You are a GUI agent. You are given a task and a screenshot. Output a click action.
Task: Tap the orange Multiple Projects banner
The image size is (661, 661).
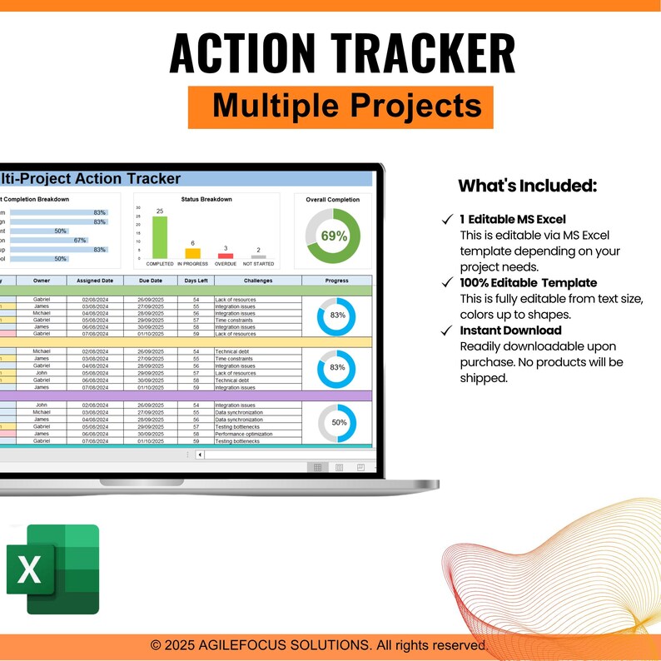[340, 107]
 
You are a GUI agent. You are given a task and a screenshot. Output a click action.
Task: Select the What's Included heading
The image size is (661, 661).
[527, 186]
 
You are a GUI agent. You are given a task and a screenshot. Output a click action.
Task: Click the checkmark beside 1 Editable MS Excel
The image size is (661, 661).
[447, 220]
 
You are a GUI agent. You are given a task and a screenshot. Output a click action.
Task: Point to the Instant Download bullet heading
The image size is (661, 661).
[510, 330]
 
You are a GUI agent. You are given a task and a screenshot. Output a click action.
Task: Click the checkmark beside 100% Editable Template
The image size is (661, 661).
[447, 283]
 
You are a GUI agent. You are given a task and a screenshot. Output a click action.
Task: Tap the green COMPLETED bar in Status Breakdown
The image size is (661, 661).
[159, 237]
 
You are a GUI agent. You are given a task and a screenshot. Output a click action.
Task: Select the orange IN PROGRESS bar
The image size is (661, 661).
[192, 253]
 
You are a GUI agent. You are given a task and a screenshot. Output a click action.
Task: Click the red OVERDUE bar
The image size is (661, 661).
[226, 256]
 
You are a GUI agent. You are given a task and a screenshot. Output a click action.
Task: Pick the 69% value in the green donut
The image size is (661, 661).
[334, 236]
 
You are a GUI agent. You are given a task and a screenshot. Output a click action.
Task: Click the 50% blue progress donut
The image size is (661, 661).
[339, 422]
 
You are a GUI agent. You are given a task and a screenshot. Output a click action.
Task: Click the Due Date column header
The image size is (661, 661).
[150, 281]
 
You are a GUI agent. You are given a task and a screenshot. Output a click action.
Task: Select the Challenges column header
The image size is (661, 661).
[257, 281]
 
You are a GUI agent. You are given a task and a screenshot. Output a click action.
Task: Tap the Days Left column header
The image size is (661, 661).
[196, 281]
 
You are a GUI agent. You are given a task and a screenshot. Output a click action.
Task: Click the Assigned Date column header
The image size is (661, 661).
[95, 281]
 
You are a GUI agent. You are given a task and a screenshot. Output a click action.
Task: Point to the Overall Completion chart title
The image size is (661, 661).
[333, 200]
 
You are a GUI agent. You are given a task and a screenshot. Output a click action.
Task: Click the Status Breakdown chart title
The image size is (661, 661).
[206, 200]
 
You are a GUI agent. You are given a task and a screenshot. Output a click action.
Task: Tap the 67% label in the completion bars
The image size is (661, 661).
[80, 241]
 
